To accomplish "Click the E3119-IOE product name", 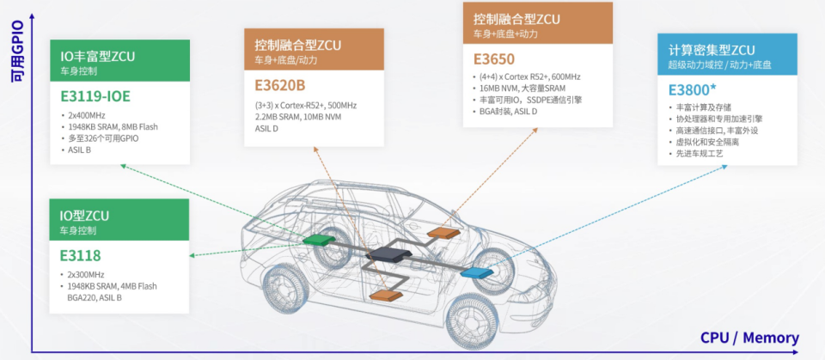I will click(x=95, y=96).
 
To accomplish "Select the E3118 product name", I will click(x=81, y=255).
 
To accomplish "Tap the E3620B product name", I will click(x=280, y=85).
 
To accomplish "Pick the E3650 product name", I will click(x=495, y=59).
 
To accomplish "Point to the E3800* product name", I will click(x=693, y=89).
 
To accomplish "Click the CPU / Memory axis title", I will click(x=749, y=338).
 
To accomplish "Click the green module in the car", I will click(x=321, y=240).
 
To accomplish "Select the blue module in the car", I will click(x=474, y=272).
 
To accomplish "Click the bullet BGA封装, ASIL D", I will click(x=505, y=112).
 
